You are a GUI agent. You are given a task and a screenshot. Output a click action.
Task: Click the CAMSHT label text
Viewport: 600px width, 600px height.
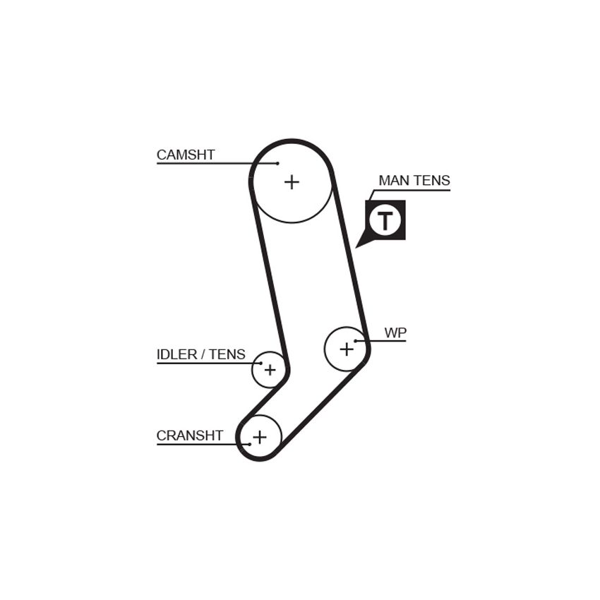coord(186,155)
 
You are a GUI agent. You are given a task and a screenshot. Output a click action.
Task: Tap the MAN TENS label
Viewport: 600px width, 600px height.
coord(414,180)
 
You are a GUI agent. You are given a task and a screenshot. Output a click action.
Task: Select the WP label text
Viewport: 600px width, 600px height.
coord(395,332)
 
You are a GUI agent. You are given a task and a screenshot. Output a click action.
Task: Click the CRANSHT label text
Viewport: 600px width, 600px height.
coord(190,436)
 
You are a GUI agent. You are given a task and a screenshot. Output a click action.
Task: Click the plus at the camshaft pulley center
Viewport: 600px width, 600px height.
coord(292,182)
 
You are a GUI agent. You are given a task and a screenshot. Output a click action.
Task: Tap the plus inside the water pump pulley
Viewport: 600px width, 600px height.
coord(347,349)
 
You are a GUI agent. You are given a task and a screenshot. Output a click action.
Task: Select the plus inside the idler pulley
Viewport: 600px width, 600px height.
coord(270,370)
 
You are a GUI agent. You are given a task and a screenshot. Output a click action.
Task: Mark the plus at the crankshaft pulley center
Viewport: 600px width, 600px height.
coord(260,437)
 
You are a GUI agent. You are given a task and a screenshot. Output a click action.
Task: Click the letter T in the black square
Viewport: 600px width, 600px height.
coord(385,220)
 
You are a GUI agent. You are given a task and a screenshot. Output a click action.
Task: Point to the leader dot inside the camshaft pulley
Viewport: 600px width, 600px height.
coord(278,163)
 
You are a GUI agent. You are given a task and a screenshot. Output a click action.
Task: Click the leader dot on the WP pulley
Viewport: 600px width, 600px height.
coord(356,340)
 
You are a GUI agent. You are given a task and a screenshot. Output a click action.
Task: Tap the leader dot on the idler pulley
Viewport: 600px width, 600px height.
coord(261,363)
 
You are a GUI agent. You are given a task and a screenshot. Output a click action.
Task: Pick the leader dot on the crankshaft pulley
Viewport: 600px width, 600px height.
coord(250,444)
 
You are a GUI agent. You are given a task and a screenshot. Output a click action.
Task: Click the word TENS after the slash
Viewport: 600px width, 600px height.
coord(227,354)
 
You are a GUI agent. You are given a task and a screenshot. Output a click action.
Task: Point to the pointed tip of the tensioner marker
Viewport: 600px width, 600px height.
coord(356,248)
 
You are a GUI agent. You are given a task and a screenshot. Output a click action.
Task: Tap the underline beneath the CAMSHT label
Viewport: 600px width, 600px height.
coord(217,163)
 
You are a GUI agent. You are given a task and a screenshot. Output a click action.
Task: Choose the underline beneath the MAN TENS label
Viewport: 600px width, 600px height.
coord(411,190)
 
